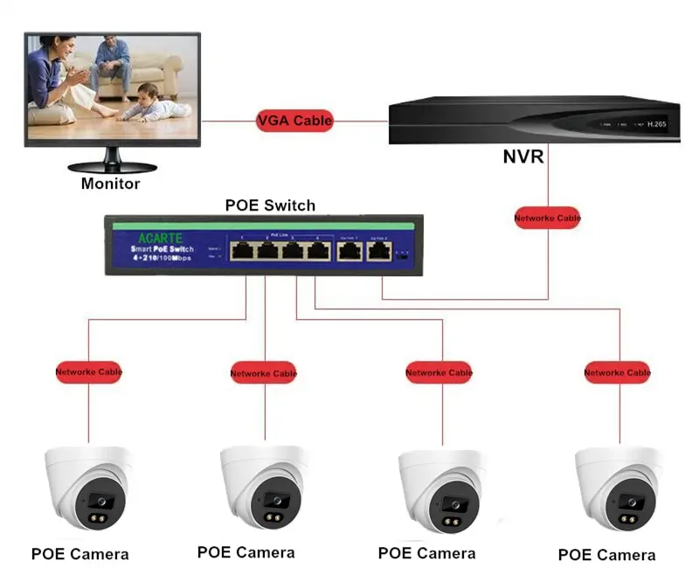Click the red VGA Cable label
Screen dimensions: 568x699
[x=294, y=121]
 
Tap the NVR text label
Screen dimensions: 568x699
[x=523, y=157]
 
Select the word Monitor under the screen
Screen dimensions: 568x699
[x=110, y=184]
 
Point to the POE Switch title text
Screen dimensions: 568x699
[x=270, y=205]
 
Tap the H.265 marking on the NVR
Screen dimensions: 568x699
[x=656, y=124]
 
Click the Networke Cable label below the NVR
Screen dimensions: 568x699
[x=547, y=217]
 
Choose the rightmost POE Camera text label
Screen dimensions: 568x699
[x=606, y=555]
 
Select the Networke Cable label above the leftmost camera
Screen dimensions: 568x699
[x=88, y=371]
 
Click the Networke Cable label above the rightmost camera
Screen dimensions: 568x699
[x=617, y=372]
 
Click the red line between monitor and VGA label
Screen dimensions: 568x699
[x=228, y=121]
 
